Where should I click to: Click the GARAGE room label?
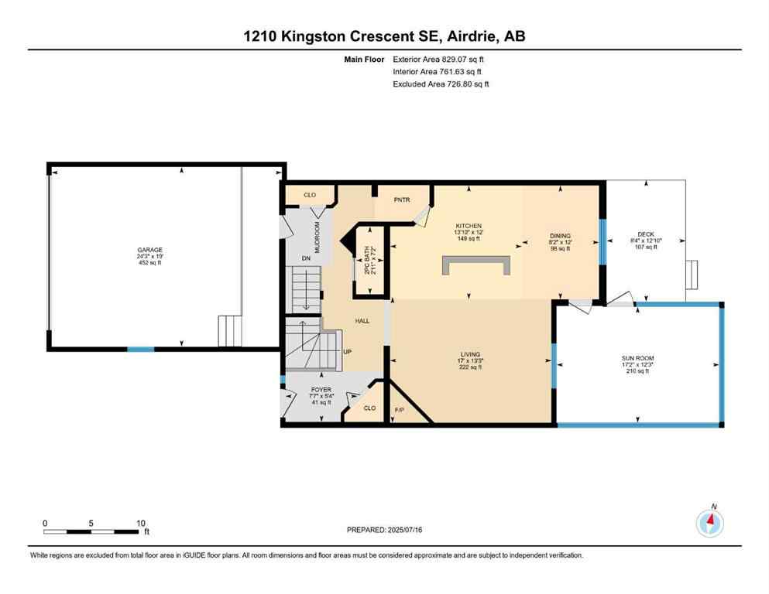click(150, 250)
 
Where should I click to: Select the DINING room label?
click(560, 236)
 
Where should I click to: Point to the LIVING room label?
click(469, 354)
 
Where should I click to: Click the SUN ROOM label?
click(637, 358)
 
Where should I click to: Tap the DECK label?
click(646, 234)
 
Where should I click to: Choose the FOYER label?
click(321, 390)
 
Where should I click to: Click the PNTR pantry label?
click(401, 200)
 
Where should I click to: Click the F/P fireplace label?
click(400, 408)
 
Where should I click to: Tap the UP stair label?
click(347, 352)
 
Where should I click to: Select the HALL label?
click(362, 320)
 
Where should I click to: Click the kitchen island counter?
click(477, 265)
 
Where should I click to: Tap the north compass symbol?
click(709, 524)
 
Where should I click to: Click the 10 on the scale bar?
click(140, 523)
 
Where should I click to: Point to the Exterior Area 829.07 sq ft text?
click(440, 59)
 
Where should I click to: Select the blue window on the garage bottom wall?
click(140, 350)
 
